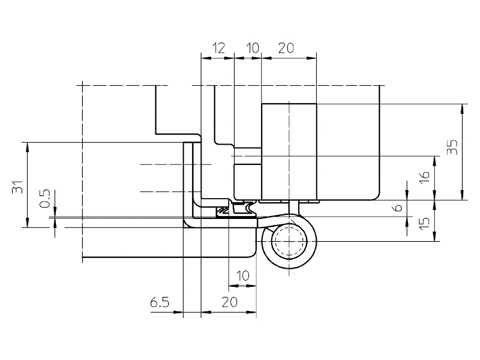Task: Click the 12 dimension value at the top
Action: (218, 49)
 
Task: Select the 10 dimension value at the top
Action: (252, 49)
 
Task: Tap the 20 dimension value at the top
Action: (286, 49)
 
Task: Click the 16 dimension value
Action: (424, 177)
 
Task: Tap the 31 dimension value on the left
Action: (18, 187)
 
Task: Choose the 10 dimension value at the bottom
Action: (242, 276)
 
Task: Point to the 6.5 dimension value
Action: (160, 303)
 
